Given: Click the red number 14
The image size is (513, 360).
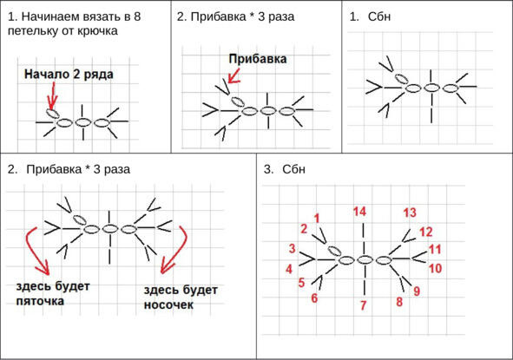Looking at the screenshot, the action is pos(359,212).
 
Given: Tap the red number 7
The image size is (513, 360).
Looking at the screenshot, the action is pos(363,305).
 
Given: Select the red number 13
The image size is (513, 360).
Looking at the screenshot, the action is pos(410,213).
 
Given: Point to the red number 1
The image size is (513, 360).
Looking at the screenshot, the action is pos(316,218).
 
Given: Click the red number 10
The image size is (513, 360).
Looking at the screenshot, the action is pos(435,268).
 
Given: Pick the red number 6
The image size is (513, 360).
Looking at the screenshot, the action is pos(314,298).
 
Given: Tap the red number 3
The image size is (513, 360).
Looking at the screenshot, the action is pos(292,248).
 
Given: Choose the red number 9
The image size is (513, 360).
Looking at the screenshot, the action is pos(417,291).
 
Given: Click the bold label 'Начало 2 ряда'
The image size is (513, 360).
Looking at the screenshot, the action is pos(69,75).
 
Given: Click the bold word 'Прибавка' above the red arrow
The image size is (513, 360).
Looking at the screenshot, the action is pos(258,59).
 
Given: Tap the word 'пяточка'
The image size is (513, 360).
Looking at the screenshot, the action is pos(40,301).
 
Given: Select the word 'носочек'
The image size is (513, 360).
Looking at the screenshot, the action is pos(168,305).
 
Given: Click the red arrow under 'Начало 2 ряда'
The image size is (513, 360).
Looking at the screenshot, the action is pos(52,95).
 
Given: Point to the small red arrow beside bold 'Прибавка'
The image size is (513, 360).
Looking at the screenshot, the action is pos(233,75).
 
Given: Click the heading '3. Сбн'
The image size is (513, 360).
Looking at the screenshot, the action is pos(285,169).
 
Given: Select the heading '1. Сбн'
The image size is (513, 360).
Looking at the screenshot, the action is pos(370,16).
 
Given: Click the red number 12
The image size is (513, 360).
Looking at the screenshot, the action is pos(426,232).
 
